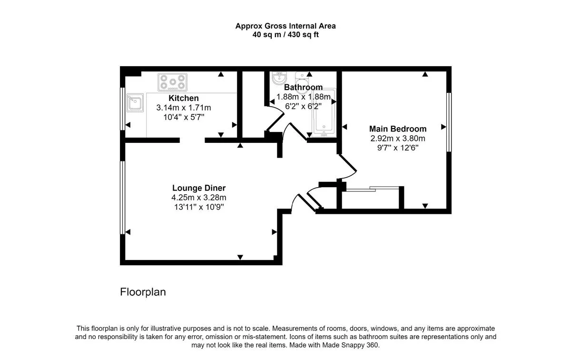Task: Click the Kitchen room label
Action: coord(184,98)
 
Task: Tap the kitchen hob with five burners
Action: coord(173,82)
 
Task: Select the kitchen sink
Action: coord(135,102)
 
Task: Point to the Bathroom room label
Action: coord(304,87)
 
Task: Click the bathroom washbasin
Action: coord(279,78)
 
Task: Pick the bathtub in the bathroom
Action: coord(324,113)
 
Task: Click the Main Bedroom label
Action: coord(398,129)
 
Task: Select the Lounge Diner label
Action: coord(199,188)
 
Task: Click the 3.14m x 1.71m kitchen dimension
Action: coord(184,108)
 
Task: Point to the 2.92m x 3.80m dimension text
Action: coord(398,138)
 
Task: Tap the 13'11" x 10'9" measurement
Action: coord(199,207)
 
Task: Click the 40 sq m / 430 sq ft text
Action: coord(285,34)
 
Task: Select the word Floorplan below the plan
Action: coord(143,292)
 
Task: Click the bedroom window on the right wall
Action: coord(449,122)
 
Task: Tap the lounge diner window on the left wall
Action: coord(122,198)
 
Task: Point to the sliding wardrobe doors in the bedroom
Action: coord(373,189)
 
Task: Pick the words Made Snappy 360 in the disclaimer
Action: coord(350,345)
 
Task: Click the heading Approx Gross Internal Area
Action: coord(285,26)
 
